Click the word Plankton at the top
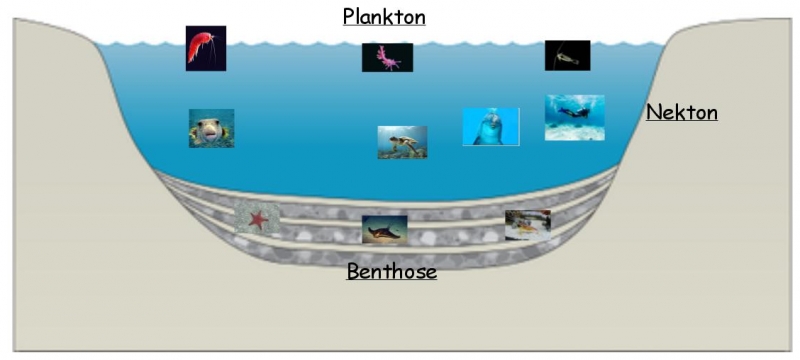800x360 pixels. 384,16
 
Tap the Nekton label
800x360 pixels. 682,112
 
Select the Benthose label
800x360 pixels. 391,270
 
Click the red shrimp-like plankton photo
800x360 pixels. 205,48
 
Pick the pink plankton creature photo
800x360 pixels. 387,58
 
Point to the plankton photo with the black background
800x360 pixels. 567,55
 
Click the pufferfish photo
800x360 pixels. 211,128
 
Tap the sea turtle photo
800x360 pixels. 402,142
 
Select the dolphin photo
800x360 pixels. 490,127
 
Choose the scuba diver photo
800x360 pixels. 574,117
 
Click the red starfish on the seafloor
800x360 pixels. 258,218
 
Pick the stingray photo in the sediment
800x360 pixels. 384,230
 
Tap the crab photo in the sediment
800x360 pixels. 527,224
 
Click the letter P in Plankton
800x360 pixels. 349,16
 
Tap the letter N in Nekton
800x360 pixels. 653,112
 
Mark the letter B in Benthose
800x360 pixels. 353,270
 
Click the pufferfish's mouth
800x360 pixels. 210,133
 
